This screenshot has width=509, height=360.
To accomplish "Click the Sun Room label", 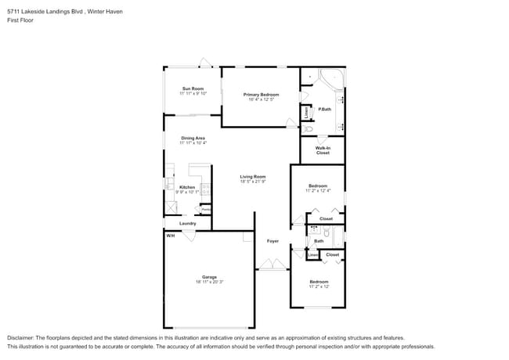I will click(193, 88).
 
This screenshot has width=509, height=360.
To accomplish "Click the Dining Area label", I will click(193, 138).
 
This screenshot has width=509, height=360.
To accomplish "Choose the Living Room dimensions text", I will click(253, 182).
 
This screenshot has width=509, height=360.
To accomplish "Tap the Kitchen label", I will click(186, 187).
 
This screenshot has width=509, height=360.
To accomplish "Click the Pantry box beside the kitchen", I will click(205, 209).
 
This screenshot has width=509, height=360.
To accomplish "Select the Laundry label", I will click(187, 223).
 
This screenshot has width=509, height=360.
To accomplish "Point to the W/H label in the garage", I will click(169, 235).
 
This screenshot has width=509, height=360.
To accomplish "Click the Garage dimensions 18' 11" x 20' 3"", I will click(209, 282).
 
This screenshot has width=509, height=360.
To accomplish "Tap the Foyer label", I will click(273, 241).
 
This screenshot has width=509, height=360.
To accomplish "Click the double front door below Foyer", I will click(273, 267).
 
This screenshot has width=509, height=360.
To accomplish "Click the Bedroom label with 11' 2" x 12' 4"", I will click(318, 185).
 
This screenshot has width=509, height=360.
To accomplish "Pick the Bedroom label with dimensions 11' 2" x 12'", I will click(318, 281).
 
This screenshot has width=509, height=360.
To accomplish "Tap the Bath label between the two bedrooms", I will click(319, 241).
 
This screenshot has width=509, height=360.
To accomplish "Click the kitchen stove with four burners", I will click(207, 188).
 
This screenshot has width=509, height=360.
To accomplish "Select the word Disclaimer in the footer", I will click(23, 337).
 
